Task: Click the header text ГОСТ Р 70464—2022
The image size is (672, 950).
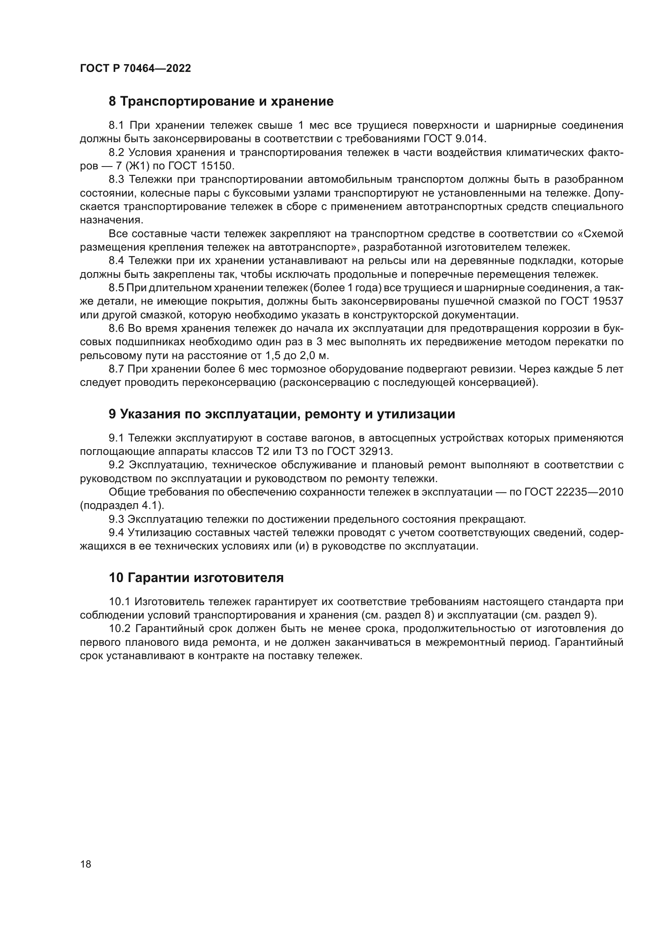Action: coord(135,69)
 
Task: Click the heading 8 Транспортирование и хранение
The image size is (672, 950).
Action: coord(221,102)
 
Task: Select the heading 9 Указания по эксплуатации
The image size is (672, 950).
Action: coord(282,414)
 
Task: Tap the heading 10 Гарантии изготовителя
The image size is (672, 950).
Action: coord(196,578)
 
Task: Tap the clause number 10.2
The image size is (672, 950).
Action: coord(119,628)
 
